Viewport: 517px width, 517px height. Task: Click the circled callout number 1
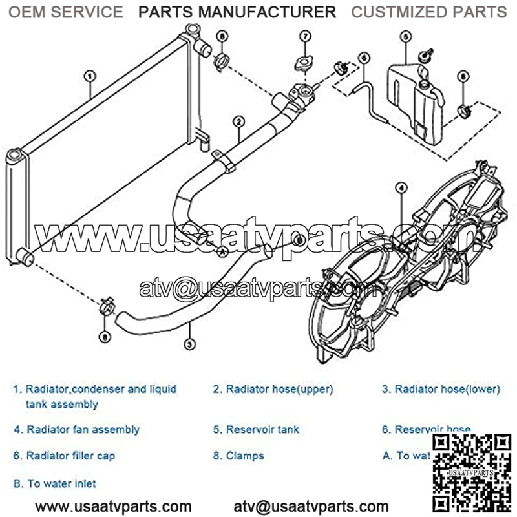90,76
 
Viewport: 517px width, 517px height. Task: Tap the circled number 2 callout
238,121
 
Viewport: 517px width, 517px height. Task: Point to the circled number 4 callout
401,188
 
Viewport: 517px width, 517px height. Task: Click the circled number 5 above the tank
405,37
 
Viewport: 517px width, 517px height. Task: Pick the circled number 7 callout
304,37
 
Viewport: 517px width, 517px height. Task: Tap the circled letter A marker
222,251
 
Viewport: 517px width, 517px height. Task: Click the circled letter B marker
299,240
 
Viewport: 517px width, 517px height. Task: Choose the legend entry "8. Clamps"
238,456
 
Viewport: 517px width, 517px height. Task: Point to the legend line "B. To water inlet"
55,483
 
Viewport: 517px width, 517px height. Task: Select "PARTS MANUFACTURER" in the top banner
238,12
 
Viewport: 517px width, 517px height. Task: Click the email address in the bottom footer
311,506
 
